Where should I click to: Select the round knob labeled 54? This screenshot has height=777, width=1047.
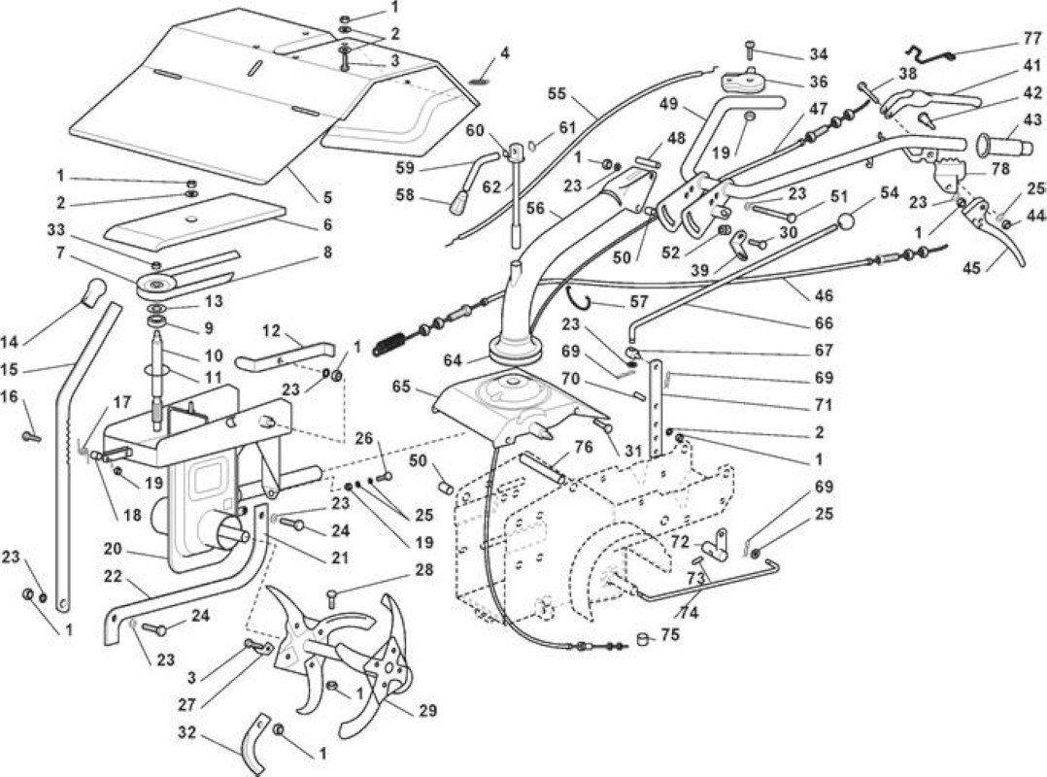point(848,221)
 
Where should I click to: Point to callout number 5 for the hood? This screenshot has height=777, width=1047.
point(327,197)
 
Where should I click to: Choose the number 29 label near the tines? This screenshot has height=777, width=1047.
point(427,711)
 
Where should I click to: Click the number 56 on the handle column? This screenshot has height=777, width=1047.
point(535,208)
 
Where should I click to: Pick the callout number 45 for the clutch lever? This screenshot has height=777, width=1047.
point(971,268)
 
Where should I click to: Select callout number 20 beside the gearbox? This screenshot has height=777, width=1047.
point(113,549)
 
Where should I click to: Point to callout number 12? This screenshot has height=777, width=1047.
point(272,330)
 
